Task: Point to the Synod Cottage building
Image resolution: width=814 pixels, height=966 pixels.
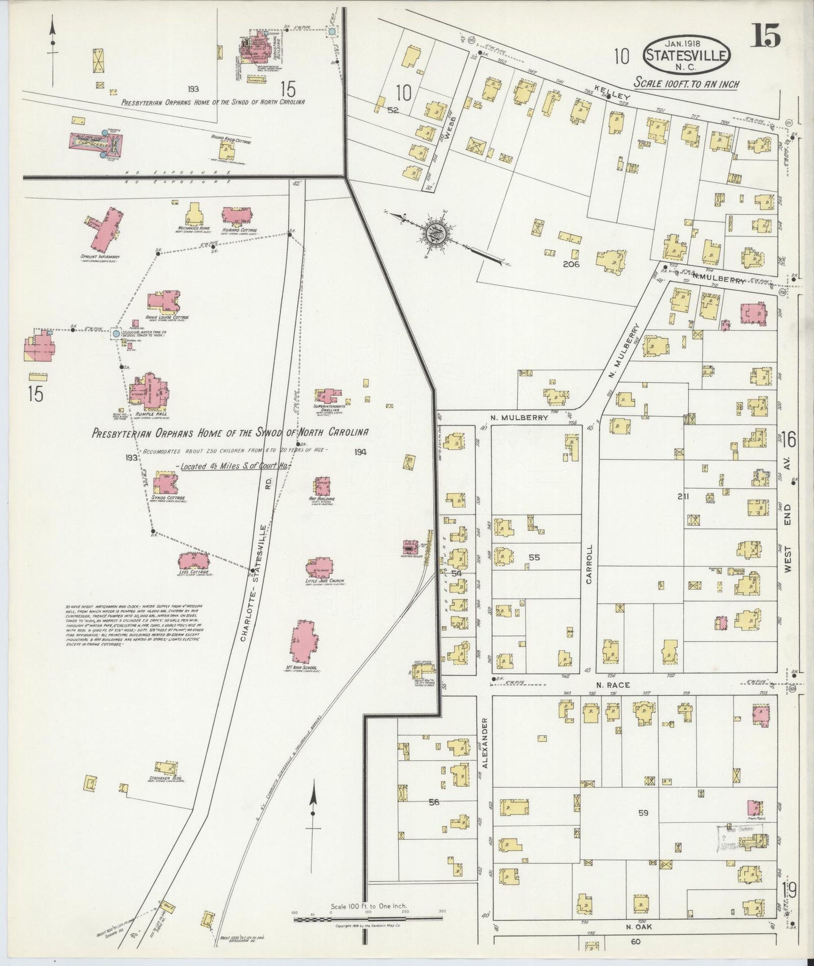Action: pyautogui.click(x=164, y=484)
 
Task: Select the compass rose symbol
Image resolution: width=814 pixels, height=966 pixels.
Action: pyautogui.click(x=439, y=232)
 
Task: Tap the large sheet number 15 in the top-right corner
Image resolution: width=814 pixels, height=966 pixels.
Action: pyautogui.click(x=764, y=37)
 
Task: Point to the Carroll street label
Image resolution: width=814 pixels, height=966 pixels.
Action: pyautogui.click(x=590, y=563)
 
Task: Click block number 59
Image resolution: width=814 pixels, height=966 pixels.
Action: pyautogui.click(x=643, y=813)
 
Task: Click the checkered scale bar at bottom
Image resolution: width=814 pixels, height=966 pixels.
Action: pyautogui.click(x=368, y=919)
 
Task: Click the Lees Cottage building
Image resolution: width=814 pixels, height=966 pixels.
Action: pyautogui.click(x=194, y=560)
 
